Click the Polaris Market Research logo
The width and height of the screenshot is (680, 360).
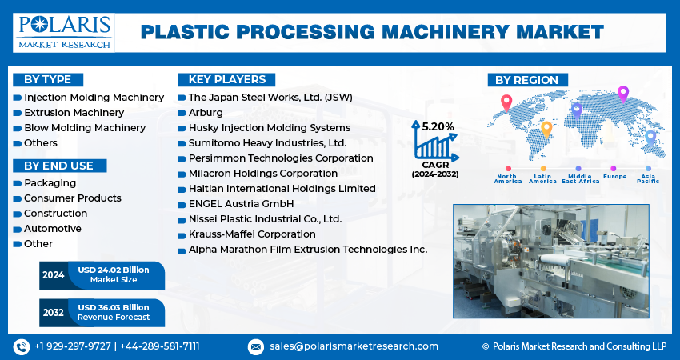click(x=64, y=33)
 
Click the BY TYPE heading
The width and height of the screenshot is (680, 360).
click(x=48, y=80)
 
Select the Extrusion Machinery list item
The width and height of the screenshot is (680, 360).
click(x=74, y=113)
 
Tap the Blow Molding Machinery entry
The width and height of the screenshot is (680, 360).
click(x=85, y=128)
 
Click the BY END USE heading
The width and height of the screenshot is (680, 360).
click(x=59, y=166)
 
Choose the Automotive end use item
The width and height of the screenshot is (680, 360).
click(x=53, y=229)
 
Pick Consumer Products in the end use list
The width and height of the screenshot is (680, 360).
click(x=73, y=198)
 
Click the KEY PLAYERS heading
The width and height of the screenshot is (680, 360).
click(x=226, y=80)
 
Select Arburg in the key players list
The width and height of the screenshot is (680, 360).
click(x=206, y=113)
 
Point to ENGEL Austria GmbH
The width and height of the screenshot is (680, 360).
click(x=241, y=204)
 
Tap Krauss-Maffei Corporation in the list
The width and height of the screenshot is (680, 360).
click(x=252, y=234)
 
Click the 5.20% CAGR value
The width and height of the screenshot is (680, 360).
click(x=438, y=126)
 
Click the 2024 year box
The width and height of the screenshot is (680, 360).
click(x=54, y=275)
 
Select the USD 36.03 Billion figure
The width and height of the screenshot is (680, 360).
click(x=114, y=307)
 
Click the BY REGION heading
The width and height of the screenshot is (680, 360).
click(x=527, y=80)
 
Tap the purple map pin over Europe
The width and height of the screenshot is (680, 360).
click(x=622, y=94)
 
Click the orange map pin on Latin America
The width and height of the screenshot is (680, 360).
click(x=546, y=130)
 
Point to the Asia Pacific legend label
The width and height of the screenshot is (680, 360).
click(x=648, y=178)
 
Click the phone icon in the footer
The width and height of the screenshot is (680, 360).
click(x=21, y=346)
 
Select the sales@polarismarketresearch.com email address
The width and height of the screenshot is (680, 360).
click(x=354, y=346)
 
